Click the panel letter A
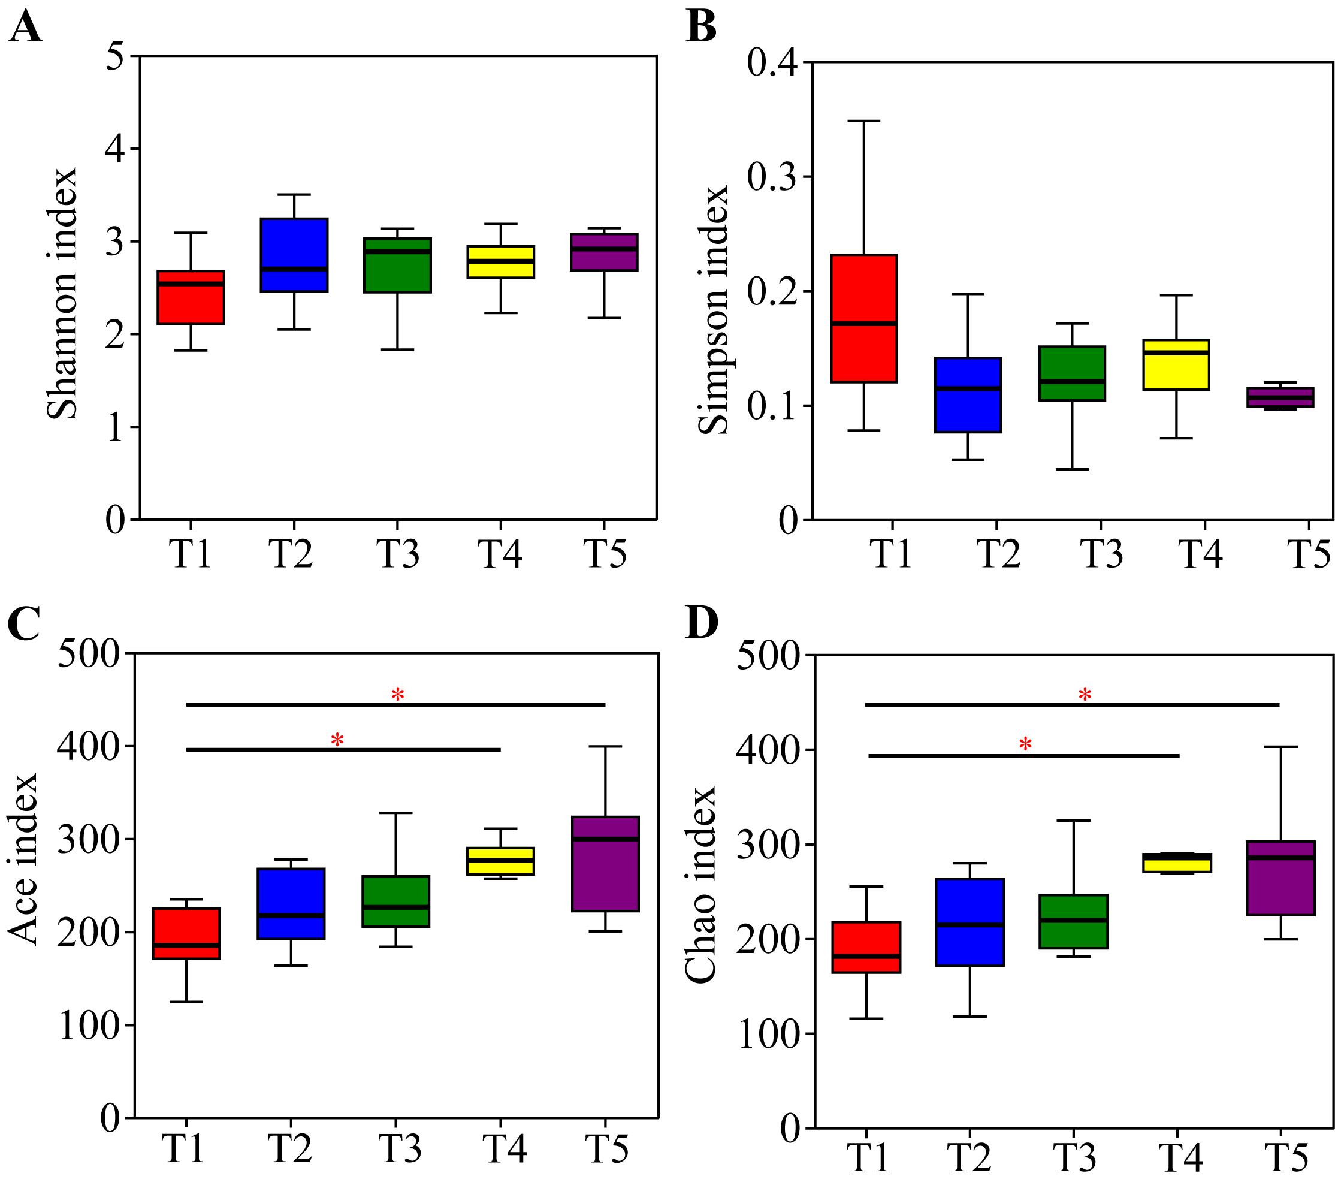(x=25, y=29)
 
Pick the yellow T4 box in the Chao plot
(x=1177, y=863)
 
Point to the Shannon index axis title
(x=64, y=293)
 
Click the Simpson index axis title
(x=713, y=310)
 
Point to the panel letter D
(x=702, y=623)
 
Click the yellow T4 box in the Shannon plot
(x=501, y=262)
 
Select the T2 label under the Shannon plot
(x=292, y=554)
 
